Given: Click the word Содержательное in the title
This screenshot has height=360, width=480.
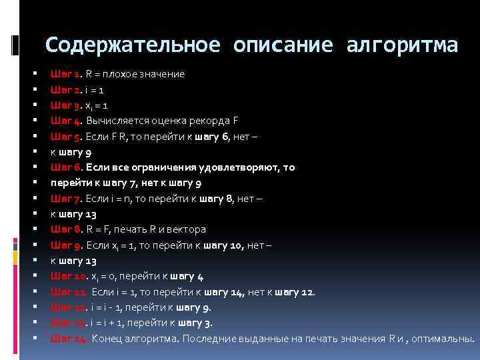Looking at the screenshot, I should point(133,45).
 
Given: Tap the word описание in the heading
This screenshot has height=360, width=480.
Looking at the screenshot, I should point(283,45).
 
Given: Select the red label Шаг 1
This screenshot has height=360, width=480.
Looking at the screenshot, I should point(66,73).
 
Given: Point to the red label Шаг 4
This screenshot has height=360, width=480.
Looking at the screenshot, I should point(66,120).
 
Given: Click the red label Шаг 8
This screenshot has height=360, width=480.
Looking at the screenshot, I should point(66,229).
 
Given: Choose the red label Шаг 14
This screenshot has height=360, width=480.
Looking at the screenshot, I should point(69,338).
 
